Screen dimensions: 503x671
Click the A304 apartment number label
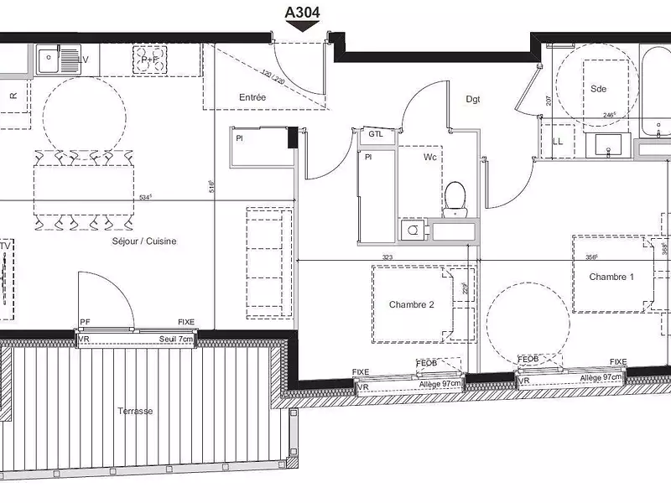pyautogui.click(x=303, y=12)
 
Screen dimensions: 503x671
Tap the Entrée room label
pyautogui.click(x=252, y=98)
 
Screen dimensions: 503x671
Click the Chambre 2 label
pyautogui.click(x=412, y=305)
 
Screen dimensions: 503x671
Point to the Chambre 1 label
pyautogui.click(x=611, y=277)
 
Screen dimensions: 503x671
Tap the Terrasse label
pyautogui.click(x=135, y=412)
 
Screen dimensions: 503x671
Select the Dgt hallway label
pyautogui.click(x=474, y=99)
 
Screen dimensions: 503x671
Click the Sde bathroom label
pyautogui.click(x=598, y=89)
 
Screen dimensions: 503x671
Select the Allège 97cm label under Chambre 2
pyautogui.click(x=440, y=383)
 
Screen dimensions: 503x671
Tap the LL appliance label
pyautogui.click(x=559, y=142)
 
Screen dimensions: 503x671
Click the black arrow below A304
pyautogui.click(x=303, y=26)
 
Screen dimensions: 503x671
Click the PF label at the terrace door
pyautogui.click(x=85, y=322)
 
